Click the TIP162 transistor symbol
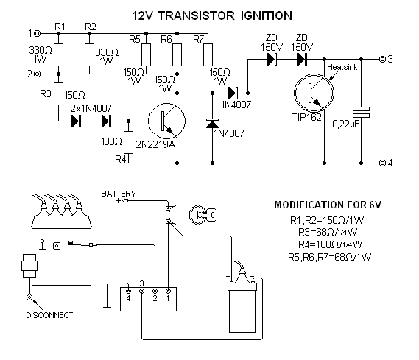(314, 93)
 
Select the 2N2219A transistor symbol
(166, 121)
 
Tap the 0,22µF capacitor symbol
(362, 112)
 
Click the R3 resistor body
(58, 93)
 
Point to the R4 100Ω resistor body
(129, 142)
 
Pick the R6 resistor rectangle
(177, 54)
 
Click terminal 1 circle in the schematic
(38, 34)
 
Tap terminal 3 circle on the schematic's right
(382, 59)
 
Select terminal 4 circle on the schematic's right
(382, 163)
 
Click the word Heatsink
(342, 67)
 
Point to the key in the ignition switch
(206, 215)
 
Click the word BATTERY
(119, 194)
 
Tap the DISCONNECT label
(49, 315)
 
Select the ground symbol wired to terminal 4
(108, 308)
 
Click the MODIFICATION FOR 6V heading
(328, 205)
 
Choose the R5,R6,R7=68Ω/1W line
(330, 257)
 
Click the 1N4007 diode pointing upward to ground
(212, 124)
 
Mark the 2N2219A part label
(155, 144)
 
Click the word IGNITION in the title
(266, 15)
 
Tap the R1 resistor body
(58, 54)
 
